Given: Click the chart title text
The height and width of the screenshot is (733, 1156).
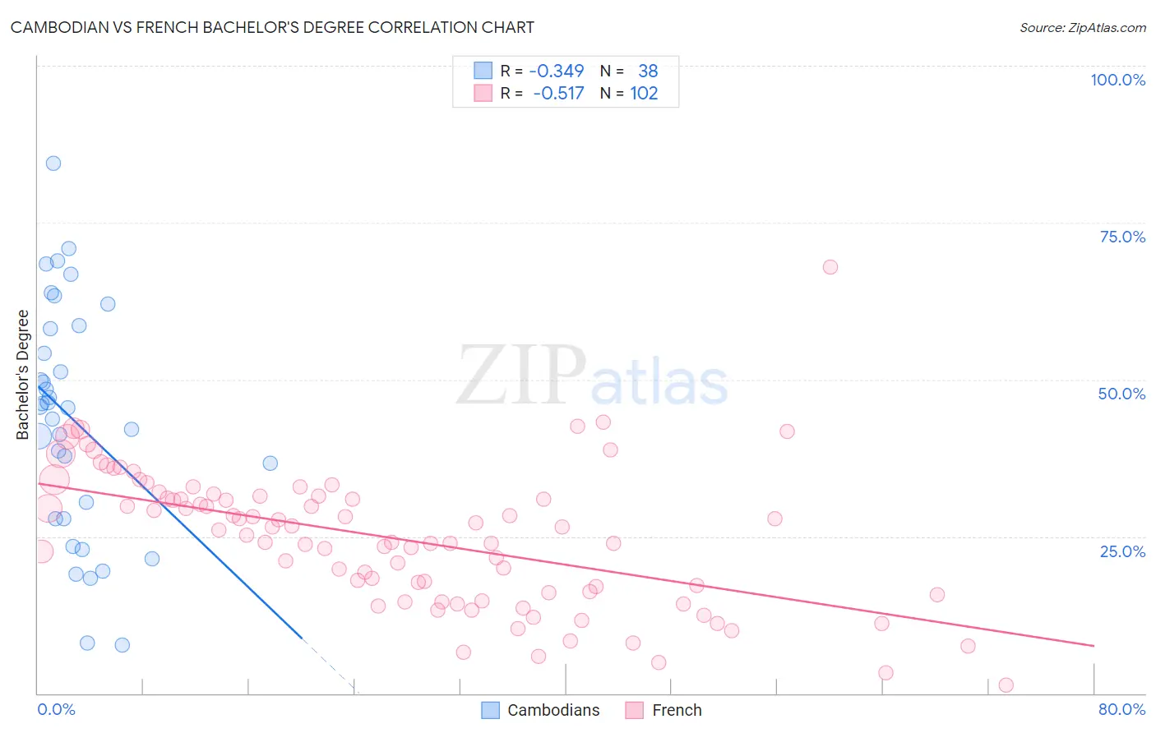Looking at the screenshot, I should (x=272, y=27).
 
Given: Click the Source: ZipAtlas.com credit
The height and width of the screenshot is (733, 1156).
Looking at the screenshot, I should (x=1082, y=27).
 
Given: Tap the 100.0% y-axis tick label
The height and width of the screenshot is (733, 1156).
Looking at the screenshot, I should (x=1117, y=80).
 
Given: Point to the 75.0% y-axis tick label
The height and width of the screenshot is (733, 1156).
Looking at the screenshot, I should (x=1122, y=237).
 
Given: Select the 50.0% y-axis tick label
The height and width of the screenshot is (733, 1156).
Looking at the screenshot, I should (x=1121, y=394).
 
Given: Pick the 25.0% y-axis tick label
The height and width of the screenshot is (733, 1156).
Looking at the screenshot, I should (x=1122, y=551).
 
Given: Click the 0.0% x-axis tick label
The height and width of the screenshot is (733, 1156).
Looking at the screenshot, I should (x=56, y=709).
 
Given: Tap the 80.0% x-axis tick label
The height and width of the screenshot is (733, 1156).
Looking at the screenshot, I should (x=1121, y=709).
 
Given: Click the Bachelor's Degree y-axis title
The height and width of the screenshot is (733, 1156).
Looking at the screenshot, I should (x=23, y=375).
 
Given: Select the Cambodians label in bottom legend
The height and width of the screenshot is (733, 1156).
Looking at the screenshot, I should (x=553, y=710).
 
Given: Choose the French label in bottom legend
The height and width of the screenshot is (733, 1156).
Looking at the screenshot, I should (x=677, y=710).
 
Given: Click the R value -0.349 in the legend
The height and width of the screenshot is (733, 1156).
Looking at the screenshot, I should (x=557, y=71).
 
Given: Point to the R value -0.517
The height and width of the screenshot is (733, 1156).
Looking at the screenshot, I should (x=558, y=94).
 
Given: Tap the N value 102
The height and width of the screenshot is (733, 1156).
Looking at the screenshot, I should (x=644, y=94).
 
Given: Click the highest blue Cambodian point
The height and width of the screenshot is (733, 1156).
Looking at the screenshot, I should (x=53, y=163).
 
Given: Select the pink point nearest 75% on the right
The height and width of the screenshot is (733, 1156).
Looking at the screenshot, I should (x=830, y=267).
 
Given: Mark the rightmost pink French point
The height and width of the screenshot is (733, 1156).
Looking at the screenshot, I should (x=1006, y=685).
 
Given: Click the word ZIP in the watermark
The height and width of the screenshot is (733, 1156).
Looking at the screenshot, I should (x=521, y=376).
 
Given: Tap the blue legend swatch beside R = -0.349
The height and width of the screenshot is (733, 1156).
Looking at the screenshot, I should (x=483, y=71).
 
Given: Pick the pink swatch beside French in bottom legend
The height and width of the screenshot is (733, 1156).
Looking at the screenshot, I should (x=634, y=710).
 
